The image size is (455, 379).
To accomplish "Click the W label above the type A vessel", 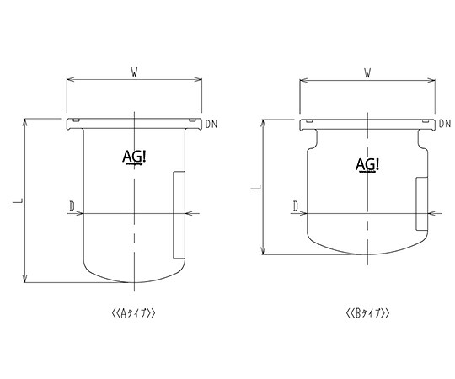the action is (134, 72).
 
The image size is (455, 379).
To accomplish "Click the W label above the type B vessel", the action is (367, 73).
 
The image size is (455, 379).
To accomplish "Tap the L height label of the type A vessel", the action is (18, 200).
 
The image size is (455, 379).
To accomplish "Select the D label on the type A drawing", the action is (72, 206).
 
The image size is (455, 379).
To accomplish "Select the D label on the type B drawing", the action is (296, 206).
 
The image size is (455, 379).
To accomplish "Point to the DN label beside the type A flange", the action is (211, 125).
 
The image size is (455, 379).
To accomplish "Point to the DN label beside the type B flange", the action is (445, 124).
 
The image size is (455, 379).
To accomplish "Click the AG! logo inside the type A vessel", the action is (134, 157).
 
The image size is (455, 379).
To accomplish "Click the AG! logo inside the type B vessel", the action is (367, 166).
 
